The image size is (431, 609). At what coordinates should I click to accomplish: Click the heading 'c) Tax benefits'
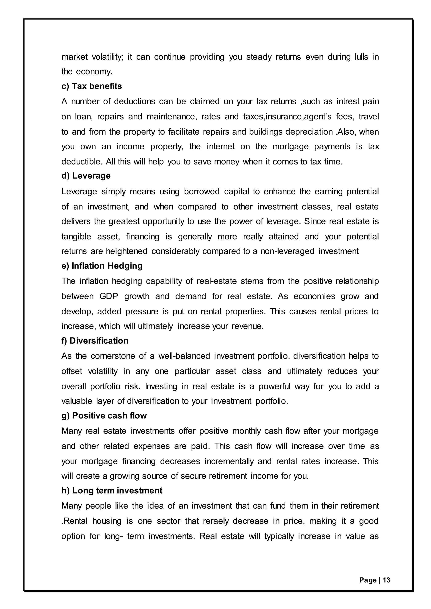coord(92,86)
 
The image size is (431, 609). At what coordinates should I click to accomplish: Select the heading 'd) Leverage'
coord(86,176)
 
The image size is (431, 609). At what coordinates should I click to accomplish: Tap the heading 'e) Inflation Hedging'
coord(102,266)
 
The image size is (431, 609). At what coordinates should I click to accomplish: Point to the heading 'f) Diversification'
coord(95,341)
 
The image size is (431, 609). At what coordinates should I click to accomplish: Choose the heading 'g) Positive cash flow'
coord(104,416)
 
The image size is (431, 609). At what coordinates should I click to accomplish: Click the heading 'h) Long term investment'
coord(112,491)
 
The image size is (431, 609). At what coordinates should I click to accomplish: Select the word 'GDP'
coord(109,296)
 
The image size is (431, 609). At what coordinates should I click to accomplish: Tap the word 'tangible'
coord(76,236)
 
